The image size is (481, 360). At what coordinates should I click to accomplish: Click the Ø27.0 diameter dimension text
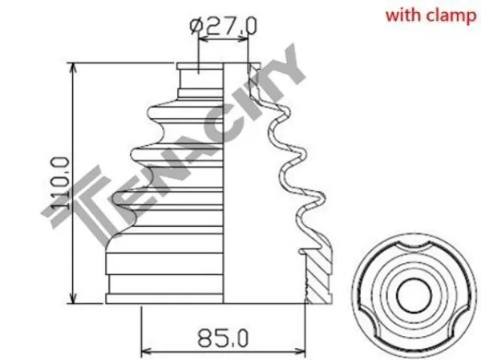click(x=223, y=26)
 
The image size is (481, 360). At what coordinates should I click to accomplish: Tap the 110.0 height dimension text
click(x=59, y=184)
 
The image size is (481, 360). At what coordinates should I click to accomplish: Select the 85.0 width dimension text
click(x=223, y=338)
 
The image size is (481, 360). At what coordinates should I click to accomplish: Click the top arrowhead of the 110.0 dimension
click(x=73, y=69)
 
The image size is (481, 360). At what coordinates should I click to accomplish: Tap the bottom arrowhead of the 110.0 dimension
click(x=73, y=297)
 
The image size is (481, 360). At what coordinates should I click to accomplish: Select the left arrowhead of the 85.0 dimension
click(x=148, y=350)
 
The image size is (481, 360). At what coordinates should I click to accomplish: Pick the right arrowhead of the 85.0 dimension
click(x=298, y=350)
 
